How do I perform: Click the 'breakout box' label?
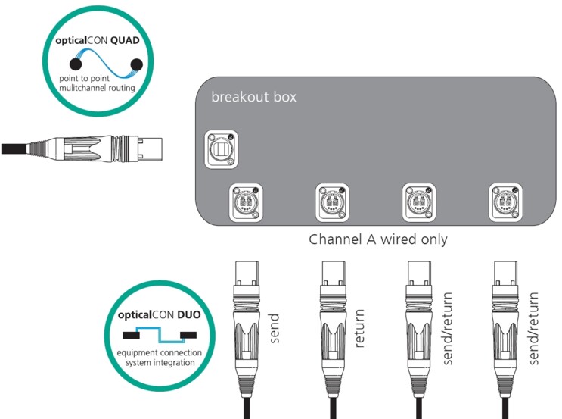coord(253,98)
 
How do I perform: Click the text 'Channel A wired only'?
coord(378,240)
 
